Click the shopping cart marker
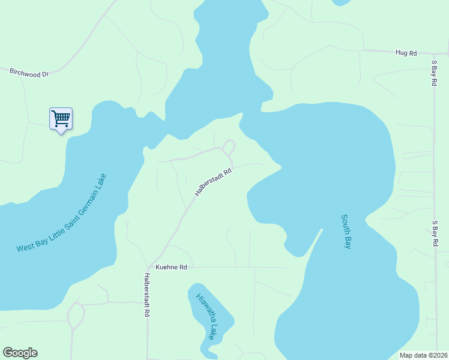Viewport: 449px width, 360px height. click(x=61, y=119)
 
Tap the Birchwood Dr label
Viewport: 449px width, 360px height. click(x=28, y=73)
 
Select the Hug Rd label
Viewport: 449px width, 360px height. click(x=406, y=53)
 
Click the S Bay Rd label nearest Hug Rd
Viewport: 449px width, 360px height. click(x=434, y=73)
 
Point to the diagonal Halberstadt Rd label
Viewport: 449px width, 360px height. click(x=213, y=182)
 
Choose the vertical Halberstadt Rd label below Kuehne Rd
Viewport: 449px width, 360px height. click(x=146, y=295)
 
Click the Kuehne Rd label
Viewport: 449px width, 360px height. click(x=172, y=267)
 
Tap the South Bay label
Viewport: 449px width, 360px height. click(x=346, y=232)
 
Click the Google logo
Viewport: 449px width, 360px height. click(x=20, y=353)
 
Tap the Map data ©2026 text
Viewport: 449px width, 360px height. click(x=423, y=355)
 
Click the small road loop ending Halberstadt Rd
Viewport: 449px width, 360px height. click(x=229, y=146)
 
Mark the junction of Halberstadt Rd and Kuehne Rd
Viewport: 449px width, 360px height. click(x=148, y=267)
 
